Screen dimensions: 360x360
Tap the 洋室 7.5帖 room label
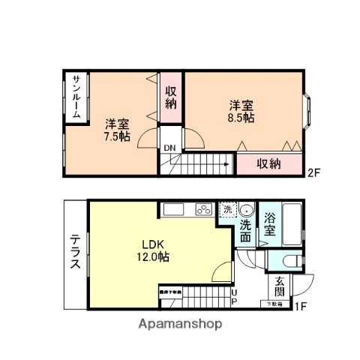(x=117, y=130)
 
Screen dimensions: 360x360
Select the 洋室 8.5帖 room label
(x=240, y=111)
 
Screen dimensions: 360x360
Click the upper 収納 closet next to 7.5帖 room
(x=171, y=98)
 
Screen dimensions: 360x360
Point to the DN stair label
(x=170, y=148)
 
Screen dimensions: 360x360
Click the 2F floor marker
(x=314, y=172)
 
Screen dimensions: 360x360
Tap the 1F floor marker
(x=301, y=305)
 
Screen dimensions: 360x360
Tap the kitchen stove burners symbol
(x=205, y=210)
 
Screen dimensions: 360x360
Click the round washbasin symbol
(x=247, y=210)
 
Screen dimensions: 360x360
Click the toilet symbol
(x=294, y=260)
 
